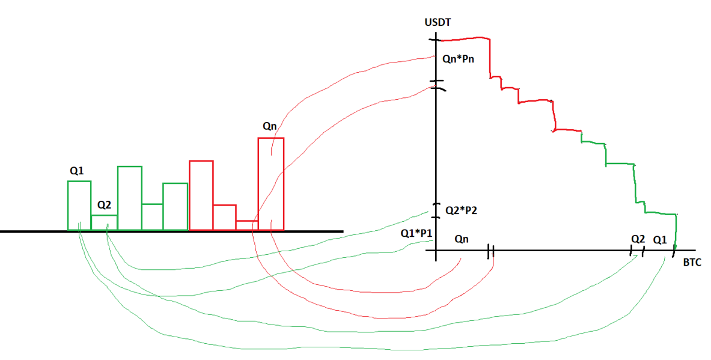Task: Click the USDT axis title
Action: [438, 23]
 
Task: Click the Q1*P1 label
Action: [417, 233]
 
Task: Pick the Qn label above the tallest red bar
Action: [270, 126]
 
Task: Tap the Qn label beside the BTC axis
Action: [462, 239]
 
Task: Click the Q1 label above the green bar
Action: [76, 170]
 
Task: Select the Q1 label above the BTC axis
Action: [660, 239]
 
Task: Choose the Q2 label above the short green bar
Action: [104, 205]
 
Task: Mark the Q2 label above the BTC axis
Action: [638, 239]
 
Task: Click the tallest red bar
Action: [271, 183]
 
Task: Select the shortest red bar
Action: [247, 225]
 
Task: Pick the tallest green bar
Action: [129, 198]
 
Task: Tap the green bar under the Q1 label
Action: [79, 205]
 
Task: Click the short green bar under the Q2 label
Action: [104, 222]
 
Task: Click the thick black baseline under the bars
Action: [171, 231]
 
